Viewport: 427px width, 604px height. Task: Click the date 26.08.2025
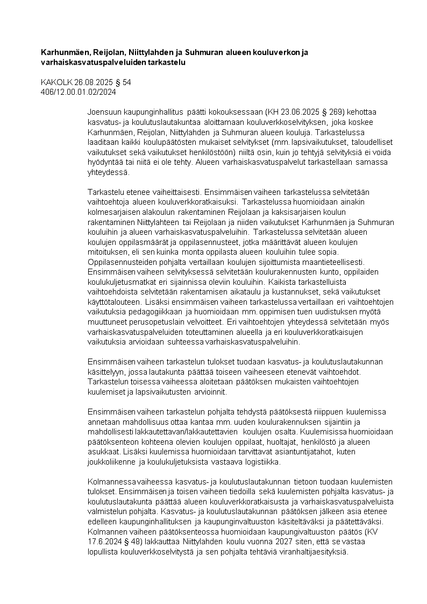[x=95, y=83]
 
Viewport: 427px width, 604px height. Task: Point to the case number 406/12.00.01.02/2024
[x=79, y=92]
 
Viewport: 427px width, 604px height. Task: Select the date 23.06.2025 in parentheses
[x=303, y=112]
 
